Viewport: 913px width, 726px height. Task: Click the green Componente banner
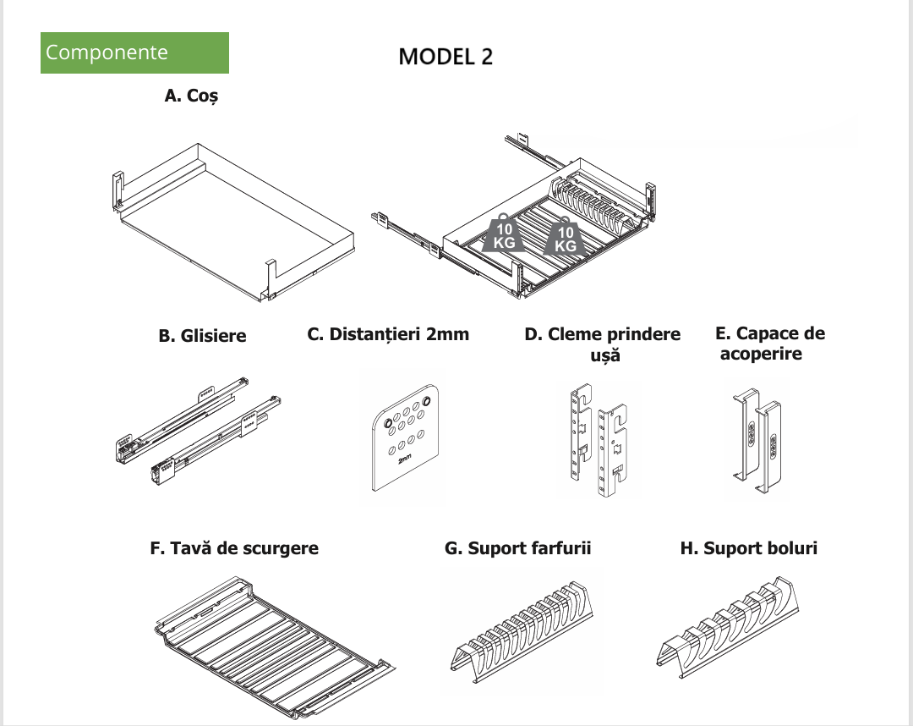pos(134,52)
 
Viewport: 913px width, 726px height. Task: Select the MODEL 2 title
pos(446,57)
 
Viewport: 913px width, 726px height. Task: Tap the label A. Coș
pos(192,96)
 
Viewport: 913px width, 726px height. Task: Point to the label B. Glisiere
pos(203,336)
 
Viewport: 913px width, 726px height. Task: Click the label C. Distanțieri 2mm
pos(388,334)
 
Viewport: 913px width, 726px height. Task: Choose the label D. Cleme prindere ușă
pos(603,344)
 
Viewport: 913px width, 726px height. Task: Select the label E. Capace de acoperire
pos(769,343)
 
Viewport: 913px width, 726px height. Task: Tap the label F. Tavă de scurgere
pos(234,548)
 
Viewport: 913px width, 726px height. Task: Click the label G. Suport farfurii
pos(517,548)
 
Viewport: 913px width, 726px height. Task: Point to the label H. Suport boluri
pos(749,548)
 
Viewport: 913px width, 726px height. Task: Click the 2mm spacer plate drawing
pos(405,438)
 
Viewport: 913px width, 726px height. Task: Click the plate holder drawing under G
pos(517,630)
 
